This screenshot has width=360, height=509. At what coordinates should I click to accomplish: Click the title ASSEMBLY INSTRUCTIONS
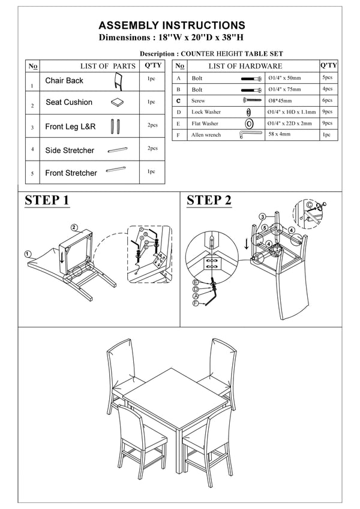(x=172, y=25)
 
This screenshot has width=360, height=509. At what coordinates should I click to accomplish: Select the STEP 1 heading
(x=47, y=200)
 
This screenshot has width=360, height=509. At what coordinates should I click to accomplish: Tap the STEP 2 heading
(x=209, y=200)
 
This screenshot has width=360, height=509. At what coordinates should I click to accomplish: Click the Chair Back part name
(x=64, y=80)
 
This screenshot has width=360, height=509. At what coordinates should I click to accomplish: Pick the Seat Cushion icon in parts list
(x=118, y=103)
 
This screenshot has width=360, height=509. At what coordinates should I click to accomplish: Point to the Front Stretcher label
(x=71, y=173)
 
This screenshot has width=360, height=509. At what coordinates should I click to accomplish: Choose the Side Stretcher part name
(x=70, y=150)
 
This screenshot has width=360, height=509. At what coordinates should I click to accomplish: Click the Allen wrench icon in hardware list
(x=248, y=134)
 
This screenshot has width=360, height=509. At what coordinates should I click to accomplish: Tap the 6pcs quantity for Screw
(x=326, y=101)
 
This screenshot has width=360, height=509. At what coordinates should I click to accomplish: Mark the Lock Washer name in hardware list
(x=206, y=112)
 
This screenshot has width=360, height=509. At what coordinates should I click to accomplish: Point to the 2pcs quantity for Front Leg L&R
(x=152, y=125)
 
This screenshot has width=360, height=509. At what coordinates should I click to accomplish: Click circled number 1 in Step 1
(x=28, y=254)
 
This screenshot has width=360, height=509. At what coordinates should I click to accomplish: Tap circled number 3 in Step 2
(x=263, y=216)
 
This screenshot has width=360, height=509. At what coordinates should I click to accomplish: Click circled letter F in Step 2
(x=195, y=304)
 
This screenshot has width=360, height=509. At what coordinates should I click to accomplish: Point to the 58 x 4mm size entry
(x=280, y=134)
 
